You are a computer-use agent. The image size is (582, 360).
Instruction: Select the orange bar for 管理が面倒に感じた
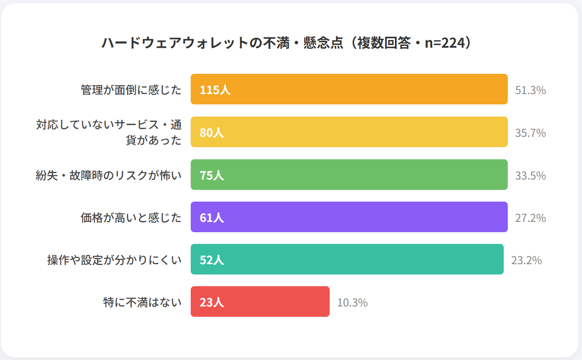coord(349,89)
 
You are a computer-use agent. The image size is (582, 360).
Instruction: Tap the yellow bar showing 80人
coord(349,132)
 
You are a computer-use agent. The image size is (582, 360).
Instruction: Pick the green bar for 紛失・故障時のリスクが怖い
coord(349,175)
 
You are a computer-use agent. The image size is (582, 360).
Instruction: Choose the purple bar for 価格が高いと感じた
coord(349,217)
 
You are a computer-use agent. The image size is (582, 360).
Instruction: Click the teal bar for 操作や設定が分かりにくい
coord(347,259)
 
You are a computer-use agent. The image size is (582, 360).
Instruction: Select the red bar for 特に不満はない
coord(260,301)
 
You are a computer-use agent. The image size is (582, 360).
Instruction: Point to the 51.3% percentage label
coord(530,90)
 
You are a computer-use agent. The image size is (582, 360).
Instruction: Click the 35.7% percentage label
coord(530,133)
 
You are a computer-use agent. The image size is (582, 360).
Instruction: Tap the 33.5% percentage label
coord(530,175)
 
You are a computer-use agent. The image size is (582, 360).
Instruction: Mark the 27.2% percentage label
coord(530,218)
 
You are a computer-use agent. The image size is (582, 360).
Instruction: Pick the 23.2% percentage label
coord(526,260)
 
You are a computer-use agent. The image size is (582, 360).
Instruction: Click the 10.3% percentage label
coord(352,302)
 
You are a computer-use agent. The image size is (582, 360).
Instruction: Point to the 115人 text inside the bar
coord(215,90)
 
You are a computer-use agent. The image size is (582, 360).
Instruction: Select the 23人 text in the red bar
coord(211,302)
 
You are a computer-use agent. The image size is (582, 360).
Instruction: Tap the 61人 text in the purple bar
coord(211,217)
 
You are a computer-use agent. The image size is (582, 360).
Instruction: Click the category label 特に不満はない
coord(142,302)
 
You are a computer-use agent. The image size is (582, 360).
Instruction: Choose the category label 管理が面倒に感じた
coord(131,90)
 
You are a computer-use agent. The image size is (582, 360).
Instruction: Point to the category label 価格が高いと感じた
coord(131,217)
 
